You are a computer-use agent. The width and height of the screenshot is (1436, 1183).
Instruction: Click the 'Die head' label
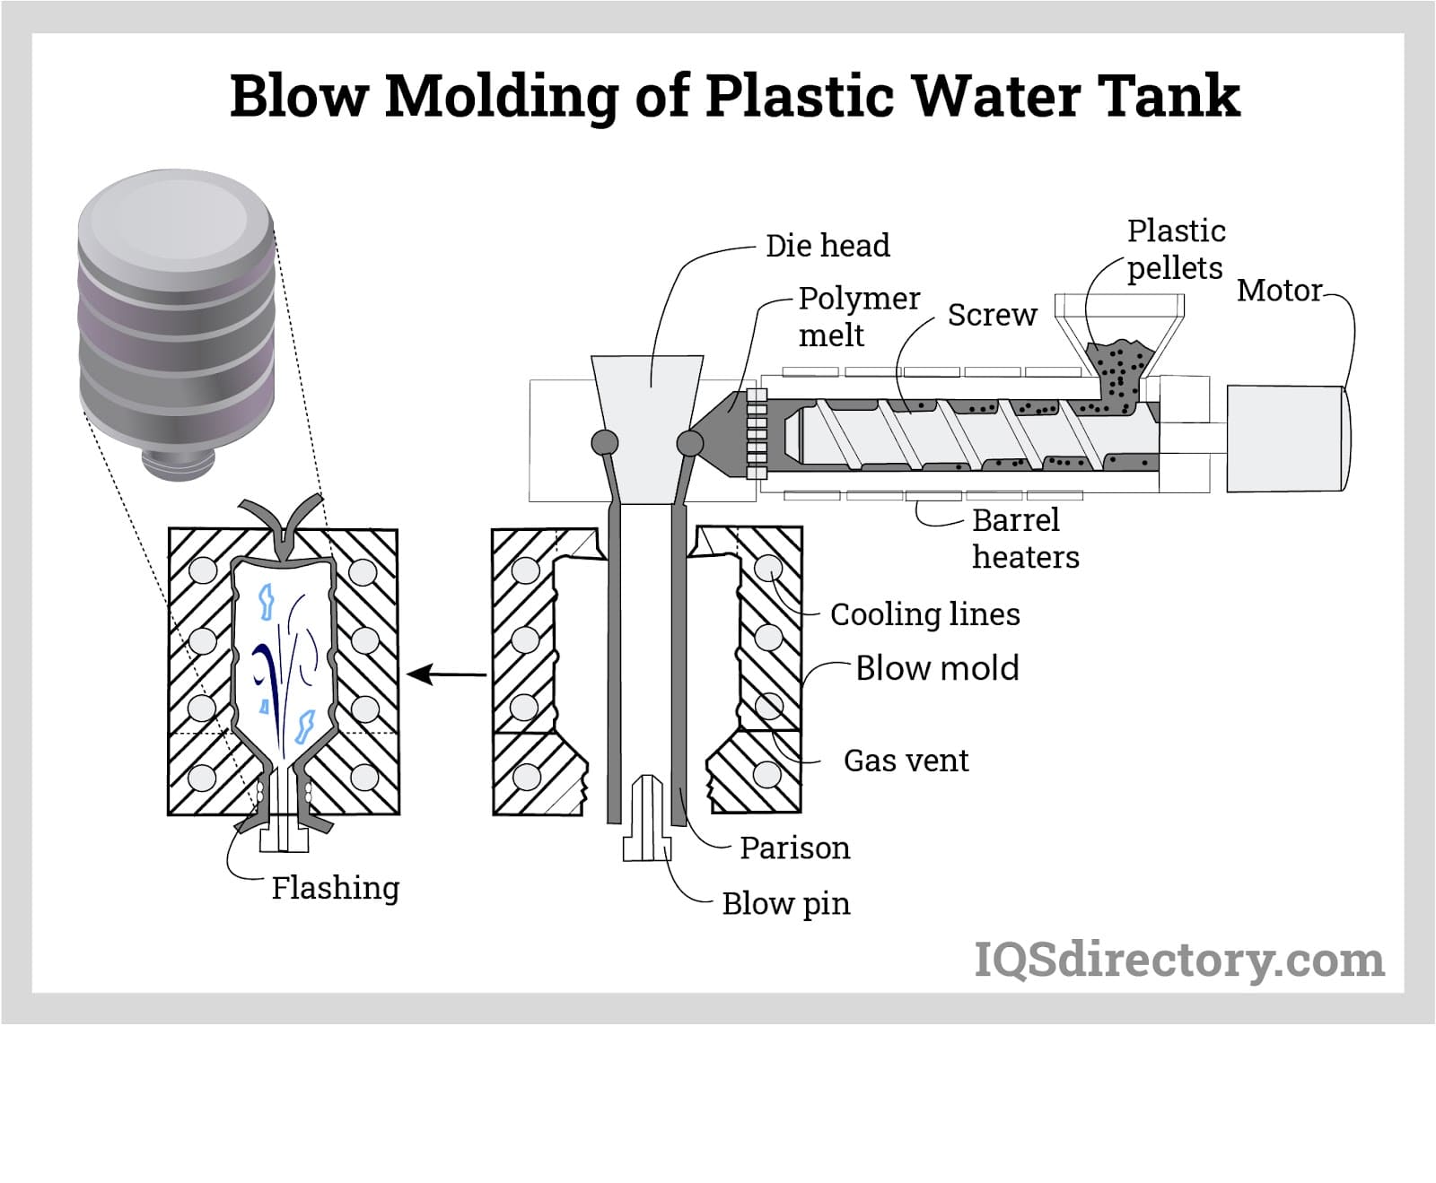827,246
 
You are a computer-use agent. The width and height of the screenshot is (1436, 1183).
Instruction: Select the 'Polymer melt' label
858,316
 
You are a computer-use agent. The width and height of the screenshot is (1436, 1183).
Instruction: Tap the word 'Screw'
992,315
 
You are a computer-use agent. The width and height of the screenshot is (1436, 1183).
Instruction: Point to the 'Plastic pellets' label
1175,249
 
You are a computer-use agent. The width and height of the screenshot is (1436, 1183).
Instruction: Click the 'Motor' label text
1279,291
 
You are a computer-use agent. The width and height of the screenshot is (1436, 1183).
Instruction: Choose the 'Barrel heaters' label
1024,538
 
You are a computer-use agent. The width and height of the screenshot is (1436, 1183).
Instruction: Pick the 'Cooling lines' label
924,614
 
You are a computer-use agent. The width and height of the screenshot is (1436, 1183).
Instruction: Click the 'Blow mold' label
937,668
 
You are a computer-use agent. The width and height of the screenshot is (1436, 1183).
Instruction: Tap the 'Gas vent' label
906,761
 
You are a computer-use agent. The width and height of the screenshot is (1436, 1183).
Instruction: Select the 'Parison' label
794,848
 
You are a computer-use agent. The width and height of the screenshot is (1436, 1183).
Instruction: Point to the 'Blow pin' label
785,903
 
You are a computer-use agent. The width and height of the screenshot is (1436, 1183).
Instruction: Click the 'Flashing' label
335,888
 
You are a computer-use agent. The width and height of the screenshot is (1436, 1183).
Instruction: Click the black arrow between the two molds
446,674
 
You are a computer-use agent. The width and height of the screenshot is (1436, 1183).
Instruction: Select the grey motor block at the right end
1287,439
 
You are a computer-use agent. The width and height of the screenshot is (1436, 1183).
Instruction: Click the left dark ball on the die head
604,442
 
